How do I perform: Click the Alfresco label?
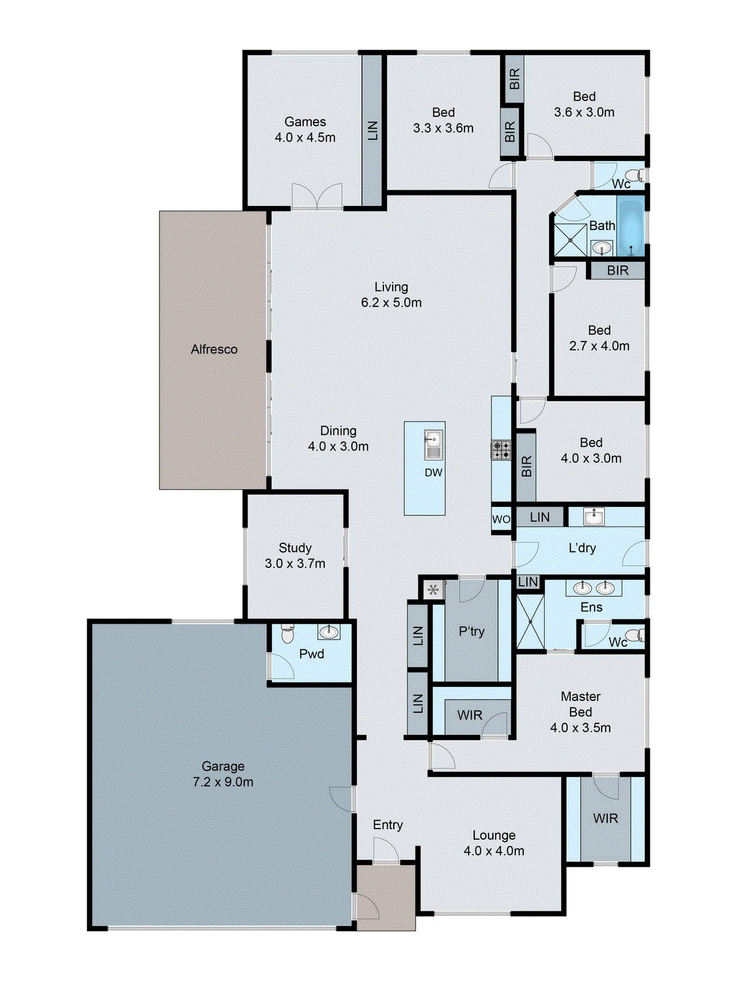click(214, 350)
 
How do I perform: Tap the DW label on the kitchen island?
click(433, 473)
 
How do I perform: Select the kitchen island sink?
click(433, 444)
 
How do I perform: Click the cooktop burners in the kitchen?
click(501, 450)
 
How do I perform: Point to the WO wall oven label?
click(501, 519)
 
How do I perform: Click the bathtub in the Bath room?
click(631, 225)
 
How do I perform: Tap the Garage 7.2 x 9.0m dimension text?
click(223, 782)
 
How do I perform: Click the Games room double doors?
click(317, 196)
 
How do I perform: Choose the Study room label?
click(295, 548)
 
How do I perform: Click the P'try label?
click(471, 631)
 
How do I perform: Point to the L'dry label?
click(582, 548)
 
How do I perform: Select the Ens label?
click(591, 607)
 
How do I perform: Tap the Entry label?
click(388, 825)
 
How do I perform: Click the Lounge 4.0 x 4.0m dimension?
click(494, 851)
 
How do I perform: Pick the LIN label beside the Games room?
click(372, 130)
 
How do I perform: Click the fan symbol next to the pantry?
click(433, 590)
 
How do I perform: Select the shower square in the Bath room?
click(569, 240)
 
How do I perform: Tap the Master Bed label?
click(581, 704)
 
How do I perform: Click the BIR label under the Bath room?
click(617, 270)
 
